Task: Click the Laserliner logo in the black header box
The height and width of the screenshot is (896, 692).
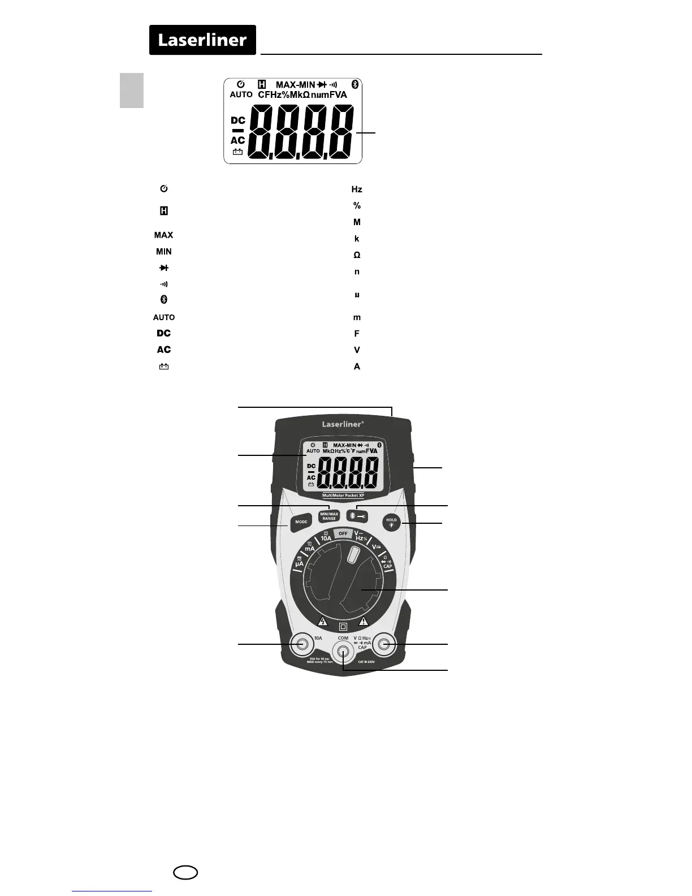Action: click(202, 40)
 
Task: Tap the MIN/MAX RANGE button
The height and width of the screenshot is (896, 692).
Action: click(329, 516)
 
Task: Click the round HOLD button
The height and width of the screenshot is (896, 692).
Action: click(391, 522)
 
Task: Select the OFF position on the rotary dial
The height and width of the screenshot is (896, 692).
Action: click(343, 533)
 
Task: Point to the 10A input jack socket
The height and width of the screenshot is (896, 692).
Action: click(301, 644)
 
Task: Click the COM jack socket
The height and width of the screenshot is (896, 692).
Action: click(343, 652)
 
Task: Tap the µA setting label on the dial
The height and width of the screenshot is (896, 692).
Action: click(300, 563)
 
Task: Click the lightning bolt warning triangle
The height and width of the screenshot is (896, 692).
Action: click(323, 621)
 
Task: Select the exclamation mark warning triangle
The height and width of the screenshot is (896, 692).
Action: click(364, 621)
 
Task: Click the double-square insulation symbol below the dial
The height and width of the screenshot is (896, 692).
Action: click(343, 627)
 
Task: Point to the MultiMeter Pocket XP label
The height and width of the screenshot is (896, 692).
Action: click(343, 496)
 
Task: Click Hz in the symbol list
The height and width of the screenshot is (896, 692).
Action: click(357, 189)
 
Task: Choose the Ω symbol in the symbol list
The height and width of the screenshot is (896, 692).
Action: click(357, 255)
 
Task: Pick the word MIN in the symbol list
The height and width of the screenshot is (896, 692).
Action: click(164, 251)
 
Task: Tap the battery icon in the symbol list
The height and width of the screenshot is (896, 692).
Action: click(164, 367)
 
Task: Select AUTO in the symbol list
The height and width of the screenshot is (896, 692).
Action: click(164, 317)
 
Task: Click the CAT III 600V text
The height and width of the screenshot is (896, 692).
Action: click(366, 661)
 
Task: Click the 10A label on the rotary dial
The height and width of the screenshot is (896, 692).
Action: click(326, 538)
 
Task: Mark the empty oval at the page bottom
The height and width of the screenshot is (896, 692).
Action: click(186, 873)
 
